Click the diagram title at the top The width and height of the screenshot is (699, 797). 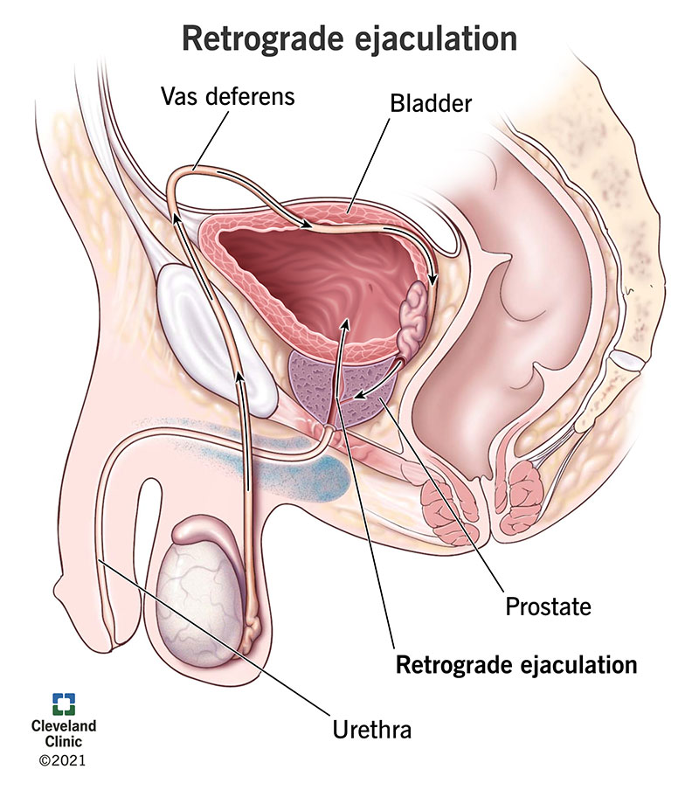pos(349,38)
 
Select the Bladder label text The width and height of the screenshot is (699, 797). pos(430,104)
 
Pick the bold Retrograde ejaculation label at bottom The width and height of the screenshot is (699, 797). pos(516,665)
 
